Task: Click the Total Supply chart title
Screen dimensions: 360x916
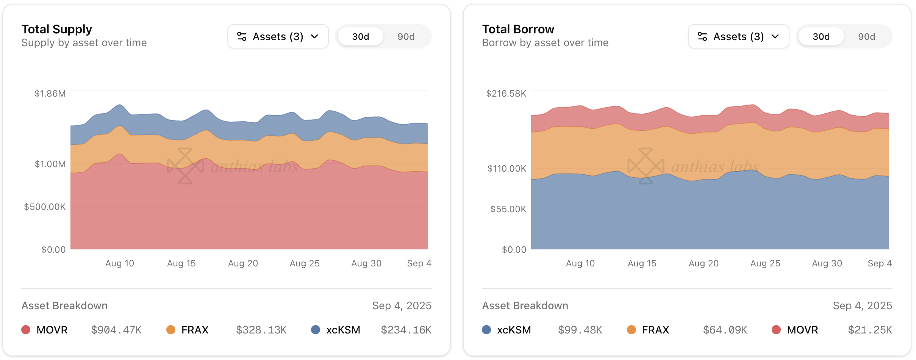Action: pyautogui.click(x=57, y=29)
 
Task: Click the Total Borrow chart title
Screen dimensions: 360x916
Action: pyautogui.click(x=518, y=29)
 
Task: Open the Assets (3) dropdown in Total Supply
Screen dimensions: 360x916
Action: pyautogui.click(x=278, y=36)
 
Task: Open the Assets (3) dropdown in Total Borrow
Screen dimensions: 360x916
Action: pyautogui.click(x=738, y=36)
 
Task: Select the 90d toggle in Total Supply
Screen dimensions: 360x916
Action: pyautogui.click(x=406, y=37)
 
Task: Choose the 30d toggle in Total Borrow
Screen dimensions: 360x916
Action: pyautogui.click(x=821, y=37)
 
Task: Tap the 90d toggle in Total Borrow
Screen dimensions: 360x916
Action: pyautogui.click(x=866, y=37)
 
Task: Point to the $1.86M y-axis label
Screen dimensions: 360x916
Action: pyautogui.click(x=50, y=94)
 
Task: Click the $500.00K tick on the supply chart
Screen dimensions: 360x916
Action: pyautogui.click(x=45, y=207)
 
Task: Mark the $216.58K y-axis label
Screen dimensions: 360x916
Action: pyautogui.click(x=506, y=94)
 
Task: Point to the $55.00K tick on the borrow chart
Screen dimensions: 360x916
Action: pyautogui.click(x=508, y=209)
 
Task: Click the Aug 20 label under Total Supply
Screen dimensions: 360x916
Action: pyautogui.click(x=243, y=263)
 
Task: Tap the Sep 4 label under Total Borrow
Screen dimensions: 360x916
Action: pyautogui.click(x=880, y=263)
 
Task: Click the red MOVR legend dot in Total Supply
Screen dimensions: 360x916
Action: pyautogui.click(x=26, y=330)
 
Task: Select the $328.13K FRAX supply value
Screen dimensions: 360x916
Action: pyautogui.click(x=261, y=330)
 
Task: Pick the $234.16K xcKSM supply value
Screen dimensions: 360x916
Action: pyautogui.click(x=406, y=330)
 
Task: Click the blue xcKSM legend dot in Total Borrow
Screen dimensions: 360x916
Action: pyautogui.click(x=486, y=330)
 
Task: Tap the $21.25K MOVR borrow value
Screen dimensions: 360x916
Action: pyautogui.click(x=870, y=330)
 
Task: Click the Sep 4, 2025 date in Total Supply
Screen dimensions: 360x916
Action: pyautogui.click(x=402, y=306)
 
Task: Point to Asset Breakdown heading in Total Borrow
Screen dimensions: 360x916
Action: pyautogui.click(x=525, y=306)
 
